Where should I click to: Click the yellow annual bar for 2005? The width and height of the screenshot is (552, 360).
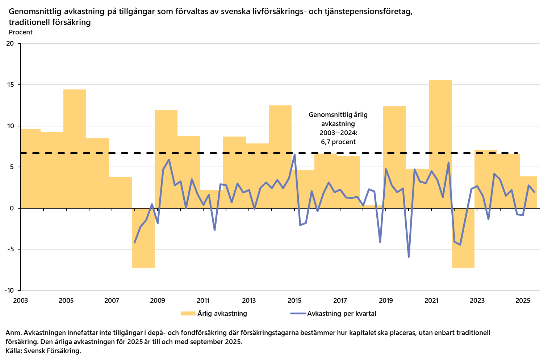point(75,148)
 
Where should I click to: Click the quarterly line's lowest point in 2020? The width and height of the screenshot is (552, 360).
point(409,257)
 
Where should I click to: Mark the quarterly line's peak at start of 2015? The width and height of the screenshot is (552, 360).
point(294,155)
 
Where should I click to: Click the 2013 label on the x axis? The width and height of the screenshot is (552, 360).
point(249,301)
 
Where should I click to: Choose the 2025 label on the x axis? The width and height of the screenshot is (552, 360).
point(523,301)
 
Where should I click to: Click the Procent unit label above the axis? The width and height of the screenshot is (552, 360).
point(21,32)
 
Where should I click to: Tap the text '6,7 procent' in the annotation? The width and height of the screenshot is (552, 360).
point(338,142)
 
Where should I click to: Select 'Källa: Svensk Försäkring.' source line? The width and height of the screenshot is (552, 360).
point(43,351)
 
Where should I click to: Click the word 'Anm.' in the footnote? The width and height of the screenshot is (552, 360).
point(13,332)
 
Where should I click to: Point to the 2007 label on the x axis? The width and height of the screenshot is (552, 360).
point(112,301)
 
